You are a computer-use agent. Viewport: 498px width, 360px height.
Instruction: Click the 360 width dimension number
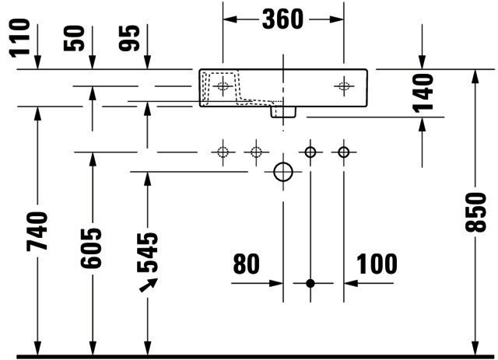point(282,19)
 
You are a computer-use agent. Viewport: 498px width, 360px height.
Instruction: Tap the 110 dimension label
point(19,38)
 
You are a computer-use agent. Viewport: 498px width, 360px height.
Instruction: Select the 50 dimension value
point(75,38)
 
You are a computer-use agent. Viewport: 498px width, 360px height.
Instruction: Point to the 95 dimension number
point(129,38)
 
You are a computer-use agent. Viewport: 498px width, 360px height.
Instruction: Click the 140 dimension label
point(423,93)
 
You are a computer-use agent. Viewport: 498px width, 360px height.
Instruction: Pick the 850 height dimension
point(475,212)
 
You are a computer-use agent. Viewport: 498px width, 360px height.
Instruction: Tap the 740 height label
point(37,232)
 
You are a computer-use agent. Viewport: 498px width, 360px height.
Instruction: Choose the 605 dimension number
point(91,248)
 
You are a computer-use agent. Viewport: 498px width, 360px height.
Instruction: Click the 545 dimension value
point(147,253)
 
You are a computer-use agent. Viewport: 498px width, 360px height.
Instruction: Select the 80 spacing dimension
point(247,264)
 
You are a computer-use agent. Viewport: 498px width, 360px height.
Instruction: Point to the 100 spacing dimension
point(377,264)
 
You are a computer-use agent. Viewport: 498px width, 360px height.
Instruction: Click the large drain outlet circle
point(283,172)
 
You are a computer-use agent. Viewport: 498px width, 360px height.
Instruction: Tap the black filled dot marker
point(310,283)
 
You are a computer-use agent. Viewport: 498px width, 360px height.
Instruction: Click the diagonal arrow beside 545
point(149,285)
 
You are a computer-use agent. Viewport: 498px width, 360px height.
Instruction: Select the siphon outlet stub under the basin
point(283,112)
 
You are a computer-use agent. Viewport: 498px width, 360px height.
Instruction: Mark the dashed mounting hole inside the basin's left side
point(223,86)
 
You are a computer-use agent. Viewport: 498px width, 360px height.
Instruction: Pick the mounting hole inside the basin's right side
point(344,86)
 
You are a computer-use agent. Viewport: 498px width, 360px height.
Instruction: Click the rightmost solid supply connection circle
point(344,152)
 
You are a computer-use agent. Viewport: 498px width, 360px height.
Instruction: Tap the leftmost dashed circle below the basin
point(223,152)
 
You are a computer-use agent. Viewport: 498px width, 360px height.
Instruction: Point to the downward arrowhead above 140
point(422,61)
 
